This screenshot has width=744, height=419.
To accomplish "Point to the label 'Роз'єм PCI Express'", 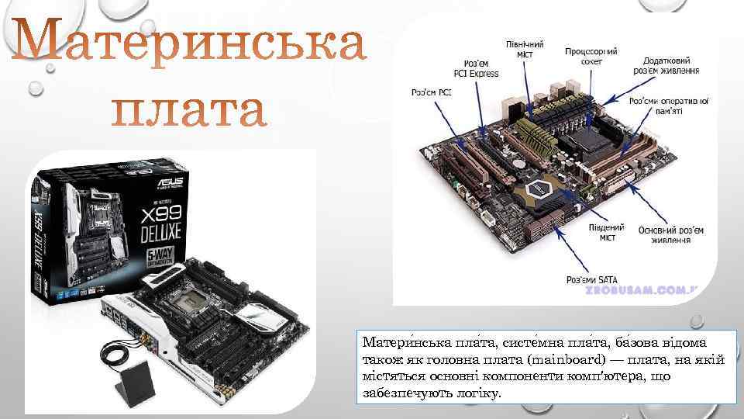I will coord(481,68).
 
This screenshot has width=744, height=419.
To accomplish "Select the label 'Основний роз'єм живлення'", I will coord(671,235).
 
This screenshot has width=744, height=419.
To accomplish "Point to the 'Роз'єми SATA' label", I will coord(589,279).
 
